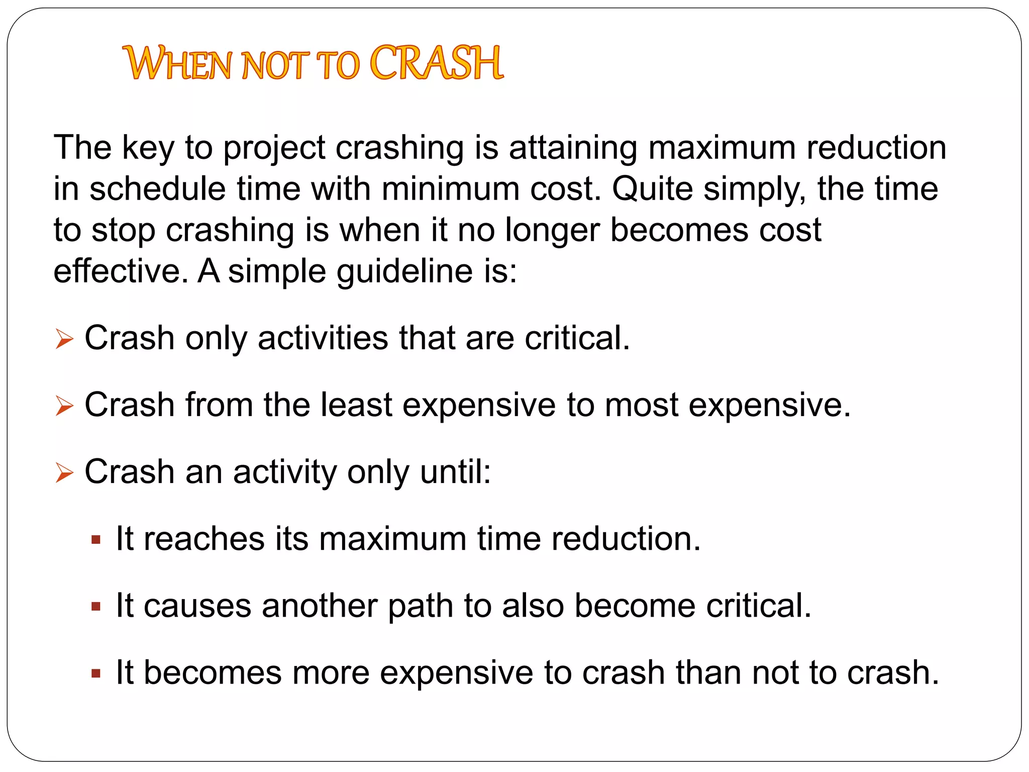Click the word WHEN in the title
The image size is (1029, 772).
178,64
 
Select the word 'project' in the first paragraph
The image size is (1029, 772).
274,149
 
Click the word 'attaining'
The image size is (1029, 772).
573,149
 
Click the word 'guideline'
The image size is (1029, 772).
404,272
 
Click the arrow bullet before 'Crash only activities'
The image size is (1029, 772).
64,339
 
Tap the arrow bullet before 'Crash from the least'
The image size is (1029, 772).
64,406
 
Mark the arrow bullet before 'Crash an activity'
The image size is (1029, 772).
64,472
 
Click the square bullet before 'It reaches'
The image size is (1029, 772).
96,540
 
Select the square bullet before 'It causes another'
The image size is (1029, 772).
96,607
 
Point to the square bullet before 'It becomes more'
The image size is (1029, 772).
96,673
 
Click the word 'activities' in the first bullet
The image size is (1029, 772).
323,338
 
